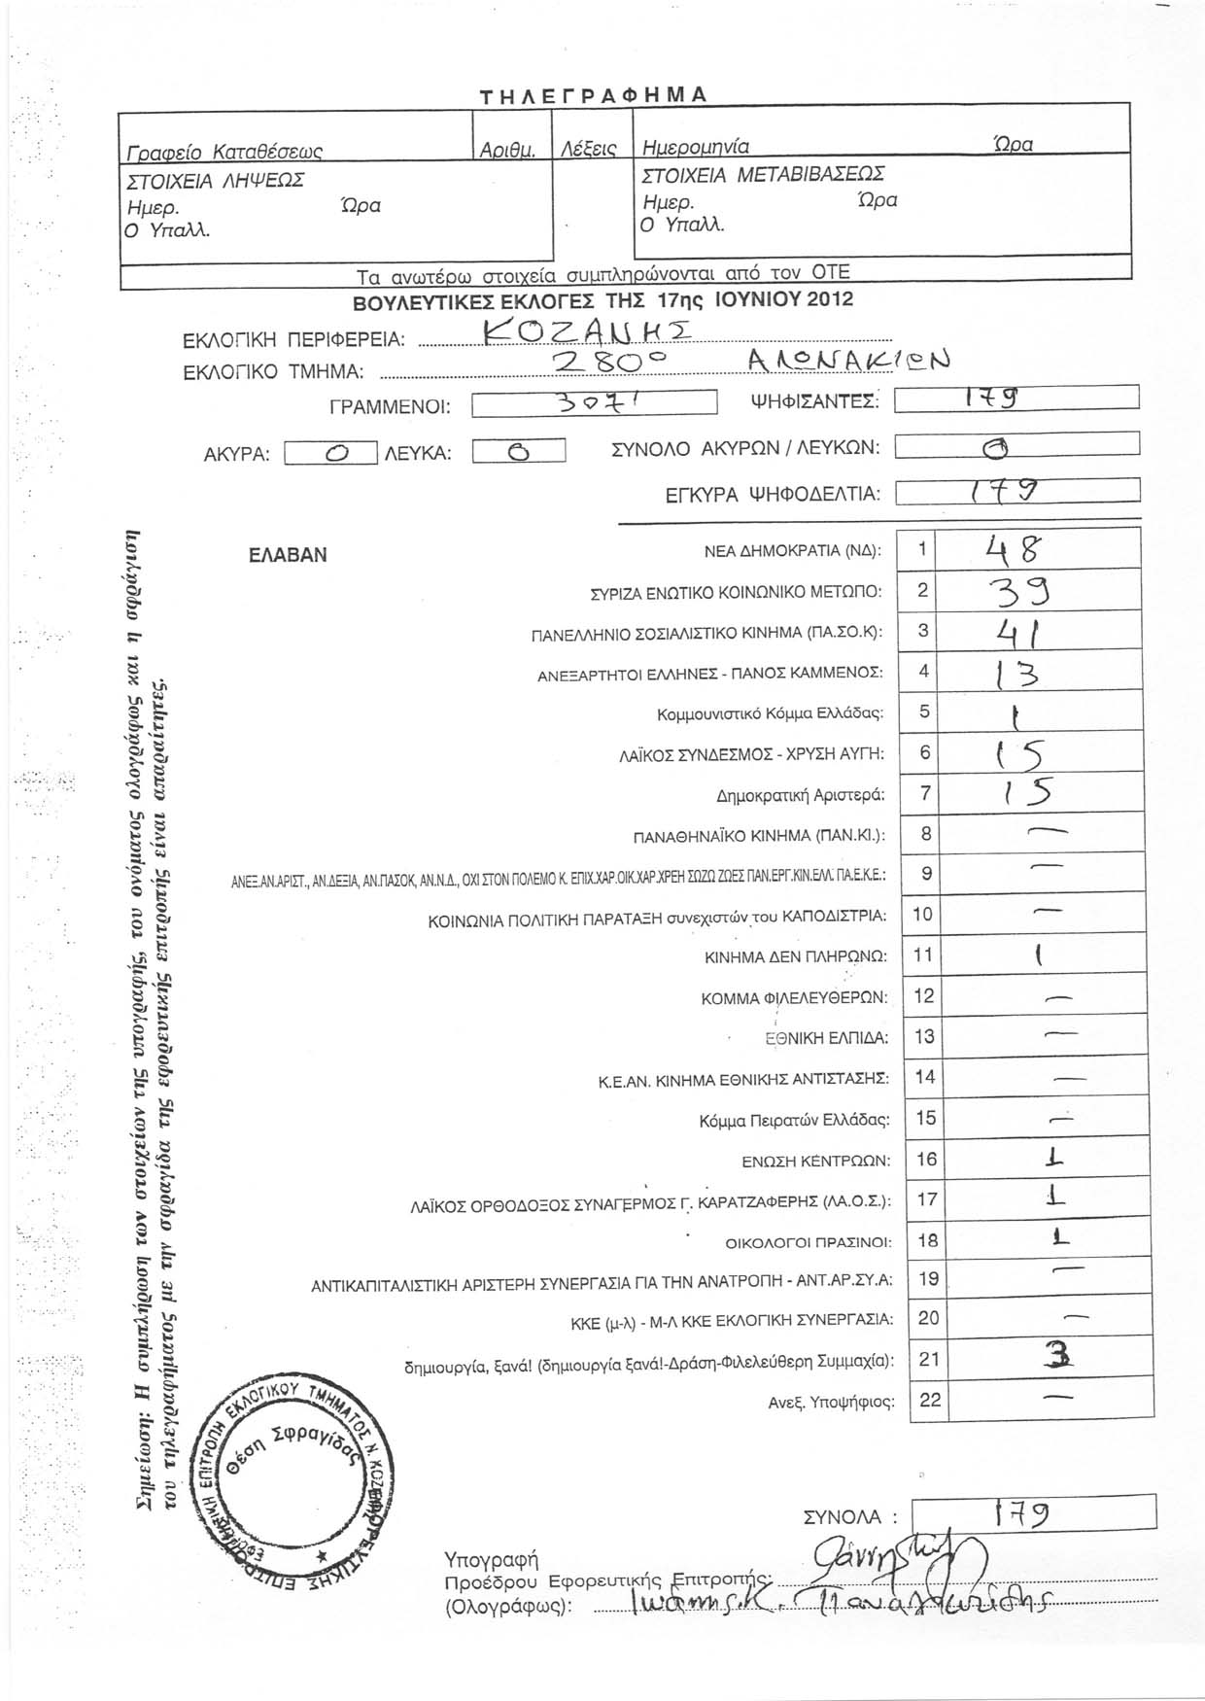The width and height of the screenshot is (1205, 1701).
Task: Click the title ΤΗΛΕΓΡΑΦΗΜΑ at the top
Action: pyautogui.click(x=594, y=94)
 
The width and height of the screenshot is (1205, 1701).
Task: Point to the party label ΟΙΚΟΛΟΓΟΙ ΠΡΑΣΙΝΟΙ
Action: pyautogui.click(x=808, y=1241)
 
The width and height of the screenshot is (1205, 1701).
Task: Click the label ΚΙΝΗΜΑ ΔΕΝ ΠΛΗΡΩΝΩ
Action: pyautogui.click(x=795, y=956)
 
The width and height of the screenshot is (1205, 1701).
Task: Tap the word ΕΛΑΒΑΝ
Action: pyautogui.click(x=288, y=555)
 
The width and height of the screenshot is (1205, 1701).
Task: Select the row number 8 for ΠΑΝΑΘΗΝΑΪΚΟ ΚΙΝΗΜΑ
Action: pyautogui.click(x=926, y=833)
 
